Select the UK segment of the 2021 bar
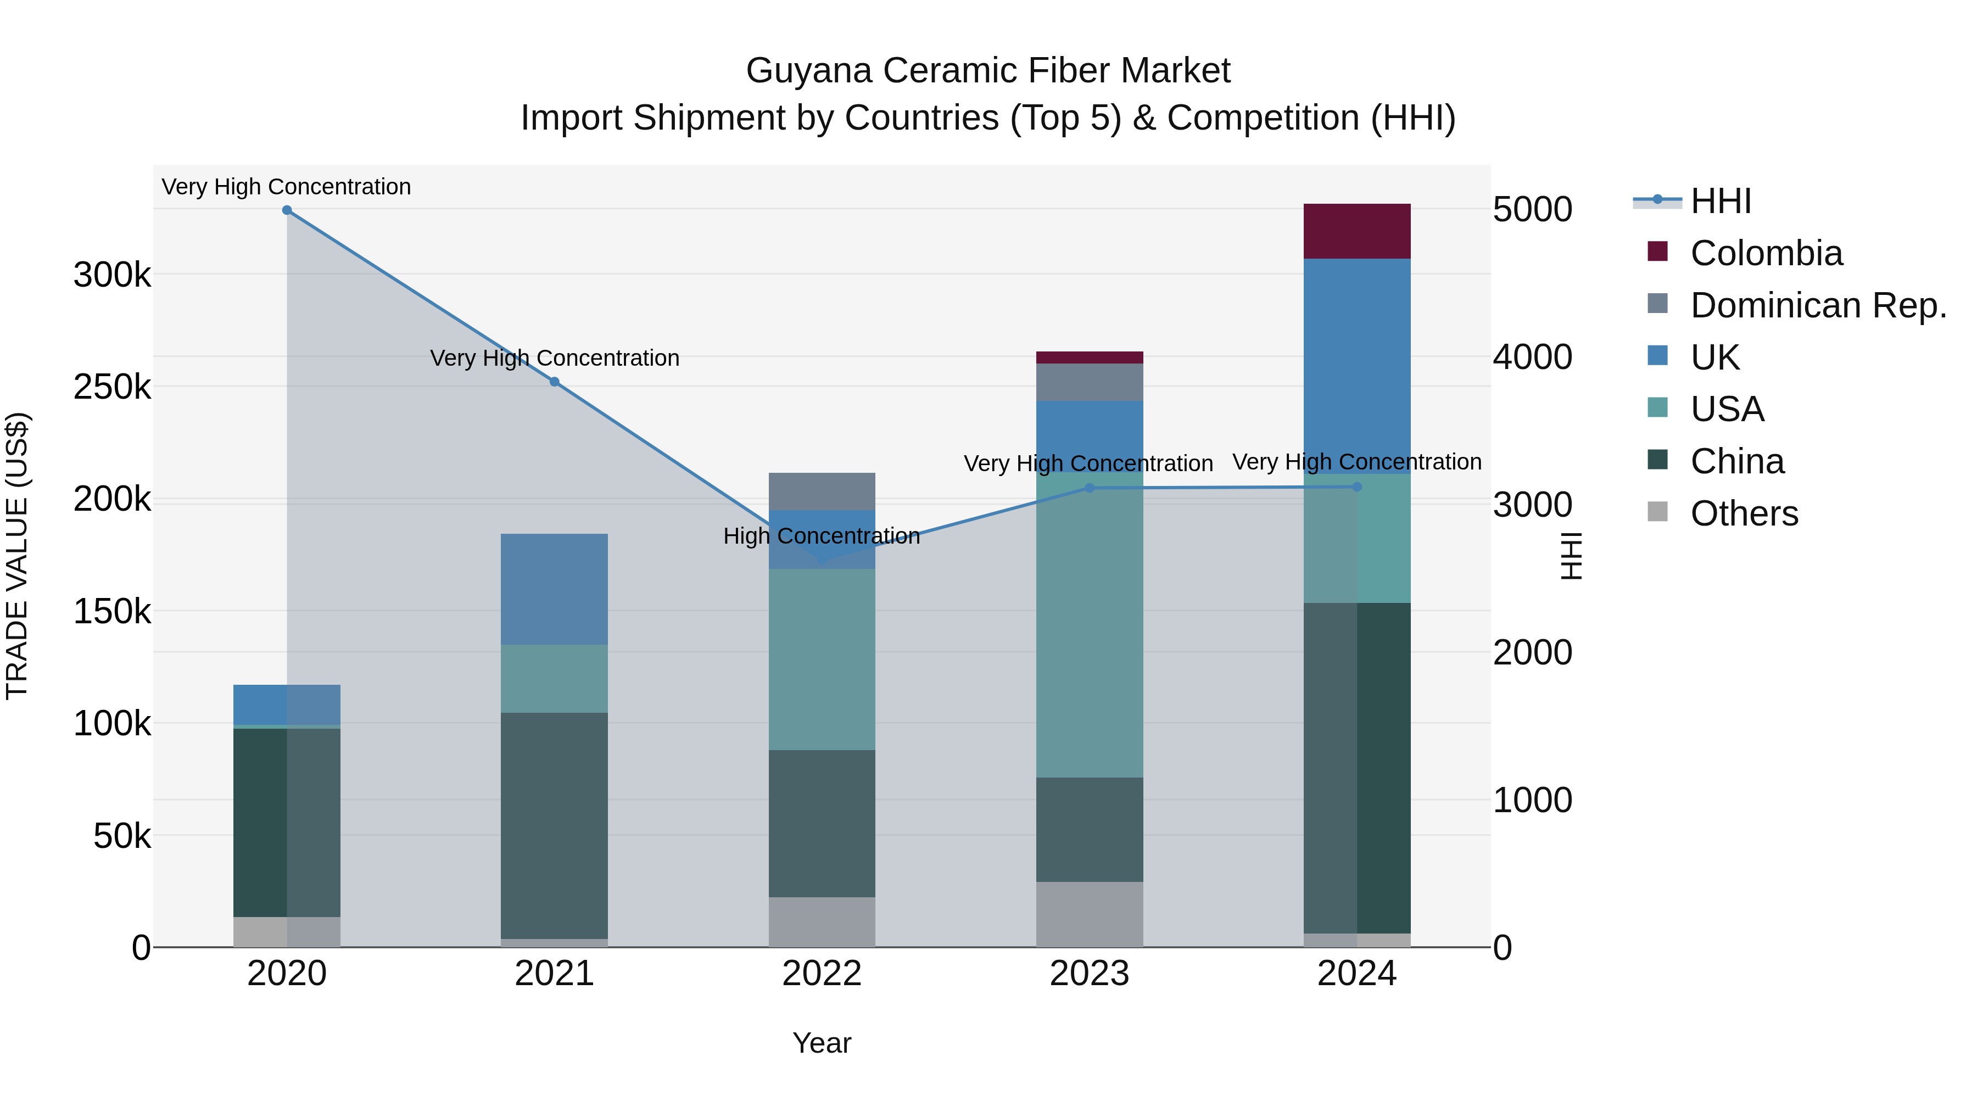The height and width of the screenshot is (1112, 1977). (554, 589)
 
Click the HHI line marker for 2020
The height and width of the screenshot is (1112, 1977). (287, 210)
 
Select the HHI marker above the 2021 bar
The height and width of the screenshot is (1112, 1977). (554, 382)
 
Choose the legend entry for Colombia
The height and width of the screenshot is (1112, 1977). (1765, 253)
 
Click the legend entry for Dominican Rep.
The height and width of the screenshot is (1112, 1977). (1817, 305)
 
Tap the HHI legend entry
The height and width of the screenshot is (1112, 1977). (1719, 201)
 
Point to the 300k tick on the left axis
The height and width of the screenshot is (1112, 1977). (112, 275)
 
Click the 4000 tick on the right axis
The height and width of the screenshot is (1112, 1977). (1532, 357)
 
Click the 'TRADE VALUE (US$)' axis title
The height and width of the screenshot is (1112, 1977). (17, 556)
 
